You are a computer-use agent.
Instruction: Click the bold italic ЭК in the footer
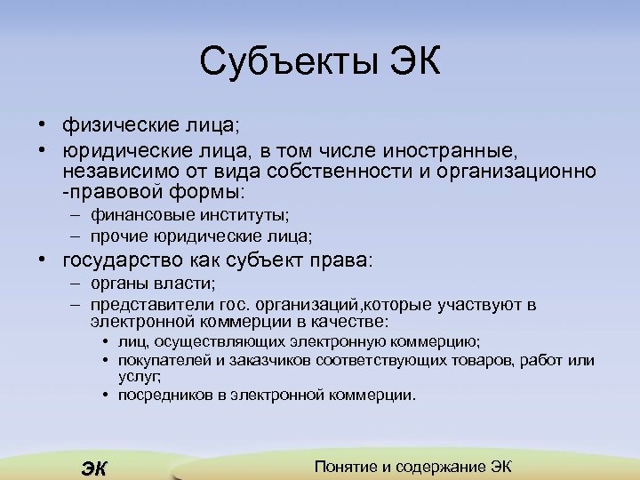coord(92,468)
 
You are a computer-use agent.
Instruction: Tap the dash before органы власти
coord(77,284)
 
